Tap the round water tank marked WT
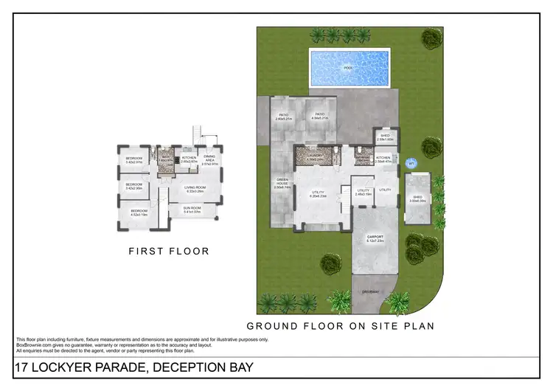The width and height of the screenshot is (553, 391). click(x=411, y=164)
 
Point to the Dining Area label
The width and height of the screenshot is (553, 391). click(x=210, y=159)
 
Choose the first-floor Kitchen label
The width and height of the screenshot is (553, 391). click(x=189, y=159)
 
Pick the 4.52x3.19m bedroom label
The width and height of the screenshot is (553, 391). click(x=139, y=213)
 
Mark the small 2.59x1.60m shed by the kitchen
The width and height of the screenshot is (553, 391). click(x=385, y=137)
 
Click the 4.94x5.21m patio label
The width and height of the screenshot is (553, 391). click(x=320, y=116)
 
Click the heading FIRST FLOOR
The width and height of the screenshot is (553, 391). click(x=169, y=252)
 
